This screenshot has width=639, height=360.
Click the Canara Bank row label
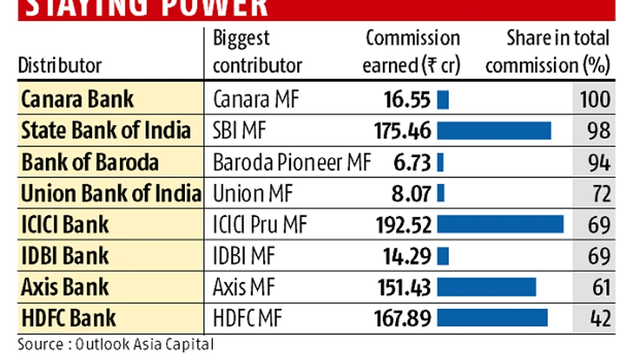point(77,100)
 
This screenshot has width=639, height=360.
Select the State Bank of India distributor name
point(106,131)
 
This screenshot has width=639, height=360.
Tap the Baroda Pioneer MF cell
point(292,163)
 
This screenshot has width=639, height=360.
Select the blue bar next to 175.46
point(494,131)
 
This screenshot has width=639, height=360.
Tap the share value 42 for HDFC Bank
point(599,318)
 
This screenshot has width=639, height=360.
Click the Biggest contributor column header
point(258,52)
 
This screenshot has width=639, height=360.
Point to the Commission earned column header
point(412,52)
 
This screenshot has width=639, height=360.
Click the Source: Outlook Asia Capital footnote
point(116,343)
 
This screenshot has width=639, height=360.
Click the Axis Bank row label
point(65,287)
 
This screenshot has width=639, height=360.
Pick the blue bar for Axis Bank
point(487,287)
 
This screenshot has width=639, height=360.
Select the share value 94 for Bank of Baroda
point(599,163)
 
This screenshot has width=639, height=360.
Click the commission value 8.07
point(412,194)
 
